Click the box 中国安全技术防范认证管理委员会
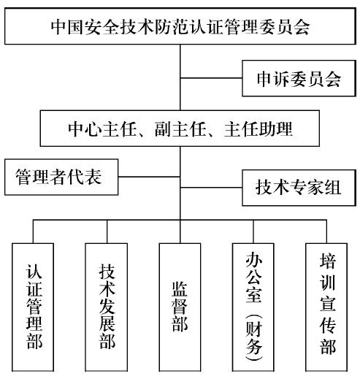[180, 26]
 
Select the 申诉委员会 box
[299, 78]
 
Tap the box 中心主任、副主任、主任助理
[180, 129]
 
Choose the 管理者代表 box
[61, 177]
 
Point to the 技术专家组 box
[299, 188]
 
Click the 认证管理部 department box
[33, 307]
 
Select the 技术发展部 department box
[106, 307]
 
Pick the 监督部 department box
[180, 307]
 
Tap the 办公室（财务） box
[253, 307]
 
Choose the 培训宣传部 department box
[326, 307]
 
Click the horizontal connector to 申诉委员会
[211, 78]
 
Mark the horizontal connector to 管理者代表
[149, 177]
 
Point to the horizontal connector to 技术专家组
[211, 188]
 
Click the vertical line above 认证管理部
[34, 231]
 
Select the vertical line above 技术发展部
[107, 231]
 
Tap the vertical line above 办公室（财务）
[253, 231]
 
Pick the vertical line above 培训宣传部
[326, 231]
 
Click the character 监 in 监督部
[180, 289]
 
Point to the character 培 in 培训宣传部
[328, 261]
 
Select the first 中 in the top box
[59, 26]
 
